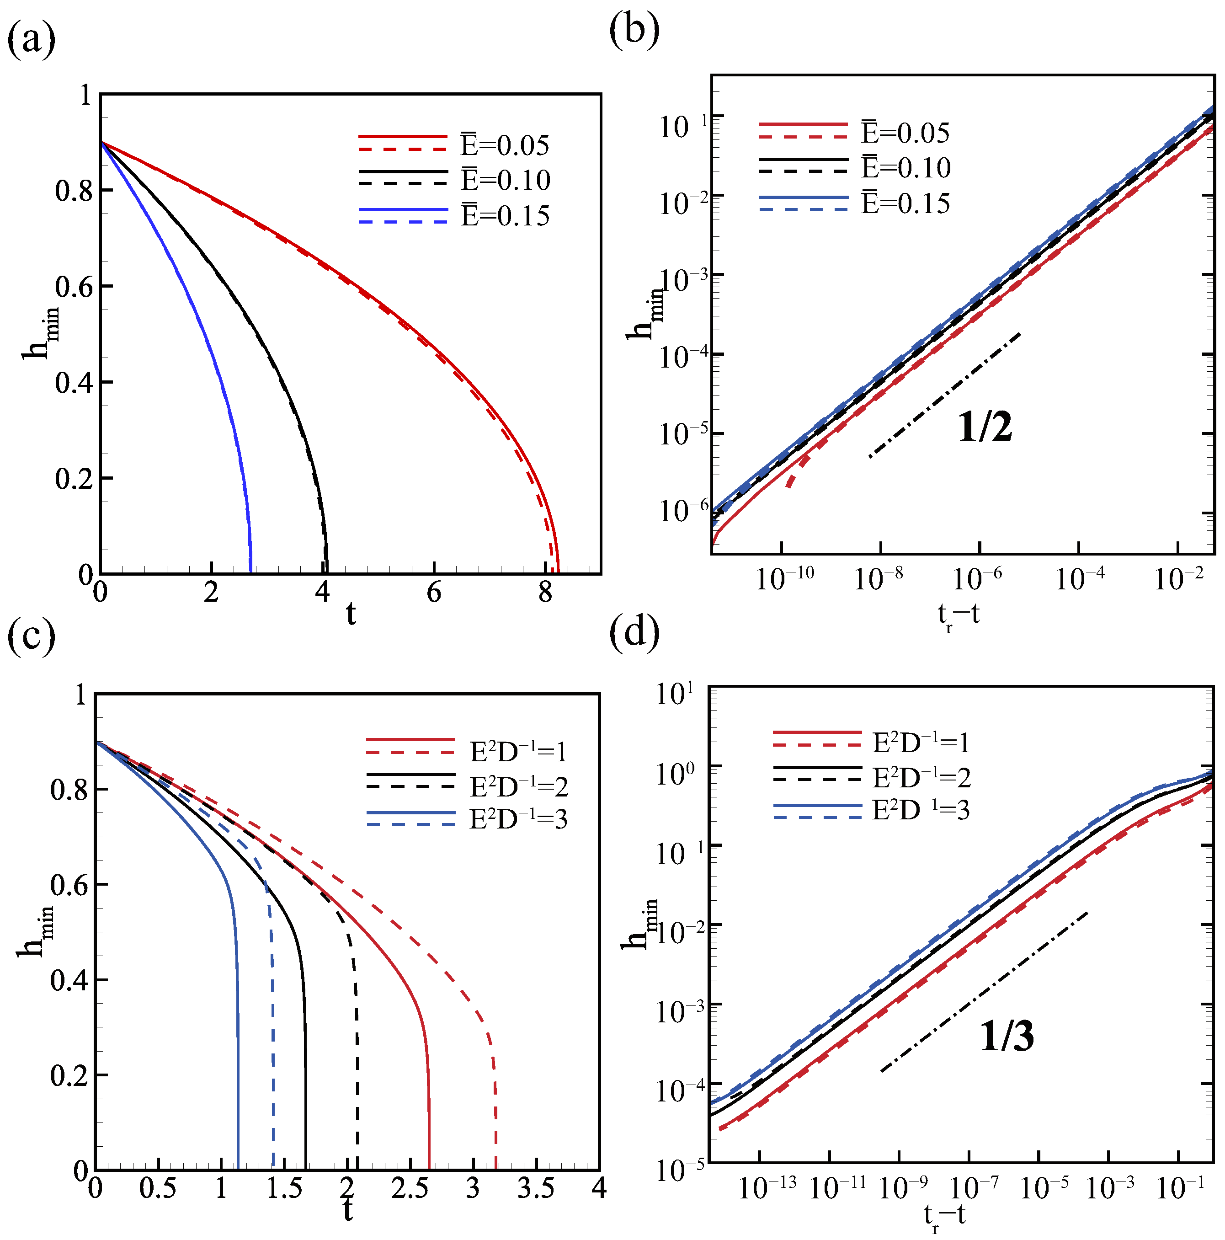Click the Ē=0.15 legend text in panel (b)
905,203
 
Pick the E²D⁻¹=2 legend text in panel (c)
518,787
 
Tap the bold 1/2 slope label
985,428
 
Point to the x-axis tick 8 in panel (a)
545,593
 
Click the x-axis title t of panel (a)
351,615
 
